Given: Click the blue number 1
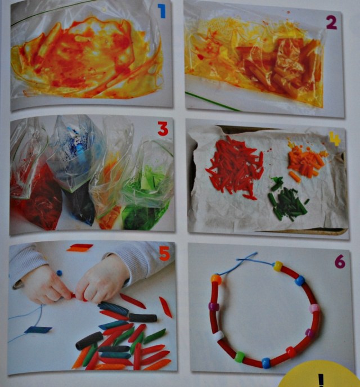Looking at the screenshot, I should [162, 11].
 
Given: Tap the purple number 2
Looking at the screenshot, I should [331, 22].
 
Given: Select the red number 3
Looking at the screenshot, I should [163, 130].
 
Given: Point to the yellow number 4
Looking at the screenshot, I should [335, 138].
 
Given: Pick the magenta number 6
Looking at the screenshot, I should [339, 261].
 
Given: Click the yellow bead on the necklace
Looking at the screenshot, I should [277, 266].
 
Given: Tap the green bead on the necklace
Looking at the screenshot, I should [240, 357].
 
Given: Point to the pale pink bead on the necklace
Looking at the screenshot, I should [314, 309].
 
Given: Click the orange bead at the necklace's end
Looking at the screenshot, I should [216, 278].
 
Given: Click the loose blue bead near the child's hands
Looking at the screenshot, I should [59, 273].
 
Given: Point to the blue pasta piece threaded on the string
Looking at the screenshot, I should [39, 330].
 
